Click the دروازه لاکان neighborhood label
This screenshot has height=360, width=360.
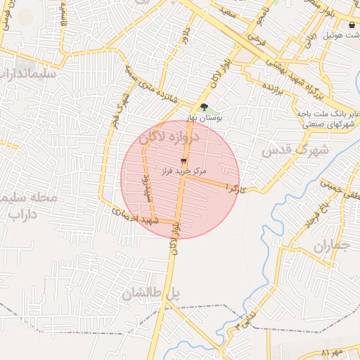[169, 139]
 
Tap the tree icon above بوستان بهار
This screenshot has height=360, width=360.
[204, 107]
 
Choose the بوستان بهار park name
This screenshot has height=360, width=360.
[205, 119]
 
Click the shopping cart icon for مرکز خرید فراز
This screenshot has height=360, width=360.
[184, 160]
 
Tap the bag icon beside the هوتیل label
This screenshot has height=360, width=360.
[352, 25]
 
